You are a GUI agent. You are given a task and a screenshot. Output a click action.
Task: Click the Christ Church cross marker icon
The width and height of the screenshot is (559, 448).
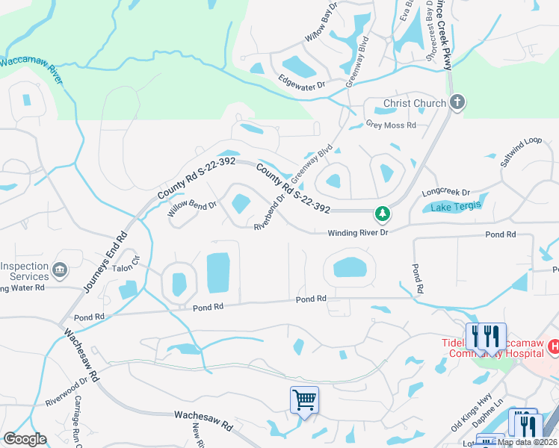coord(457,103)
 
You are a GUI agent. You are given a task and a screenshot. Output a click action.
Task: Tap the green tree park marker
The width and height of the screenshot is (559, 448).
coord(383,214)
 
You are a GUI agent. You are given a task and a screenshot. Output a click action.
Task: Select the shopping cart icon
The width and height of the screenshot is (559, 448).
coord(304,399)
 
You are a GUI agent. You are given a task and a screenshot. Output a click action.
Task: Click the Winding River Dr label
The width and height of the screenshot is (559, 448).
coord(359,233)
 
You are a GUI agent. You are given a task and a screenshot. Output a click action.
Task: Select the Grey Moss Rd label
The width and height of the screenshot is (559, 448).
coord(390,125)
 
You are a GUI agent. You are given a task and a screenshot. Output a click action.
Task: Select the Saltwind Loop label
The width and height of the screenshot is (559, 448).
coord(521,152)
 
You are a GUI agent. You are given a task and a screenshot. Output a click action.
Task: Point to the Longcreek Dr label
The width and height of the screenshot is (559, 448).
coord(445,192)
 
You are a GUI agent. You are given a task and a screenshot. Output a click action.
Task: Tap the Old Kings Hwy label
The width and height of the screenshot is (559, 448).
coord(471,415)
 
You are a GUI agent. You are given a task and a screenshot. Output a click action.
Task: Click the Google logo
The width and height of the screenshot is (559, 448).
coord(25,439)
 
